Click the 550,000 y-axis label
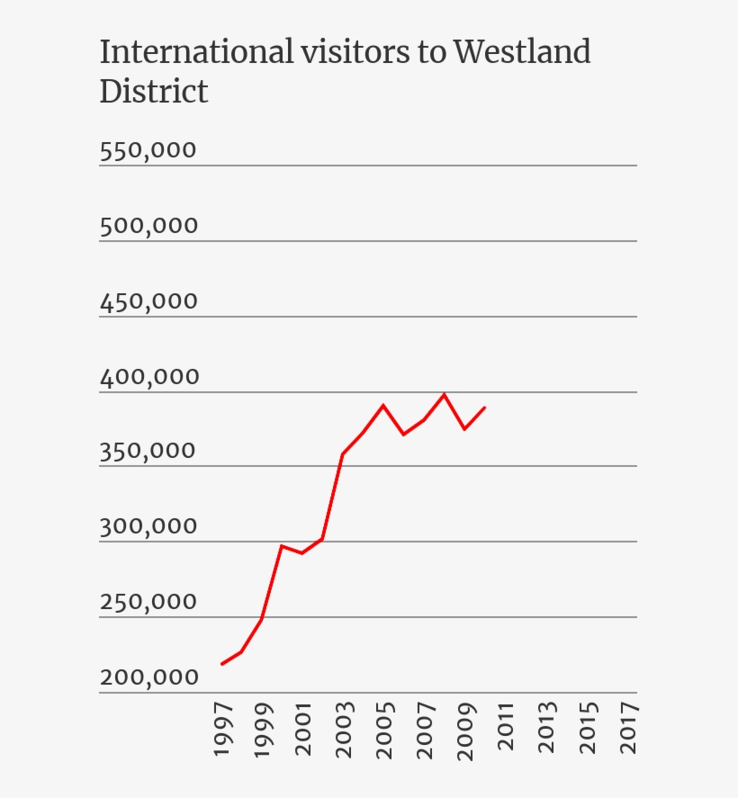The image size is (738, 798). (148, 150)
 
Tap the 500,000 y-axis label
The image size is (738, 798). (148, 226)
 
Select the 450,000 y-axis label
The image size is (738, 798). (148, 301)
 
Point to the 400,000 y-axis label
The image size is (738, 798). (148, 377)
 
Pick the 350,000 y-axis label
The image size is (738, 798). (148, 451)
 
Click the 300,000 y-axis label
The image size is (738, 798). (148, 526)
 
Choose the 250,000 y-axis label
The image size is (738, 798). (148, 602)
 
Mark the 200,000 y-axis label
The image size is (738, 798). (148, 677)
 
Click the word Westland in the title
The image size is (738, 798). (522, 52)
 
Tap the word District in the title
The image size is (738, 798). (154, 91)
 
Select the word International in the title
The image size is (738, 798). (196, 52)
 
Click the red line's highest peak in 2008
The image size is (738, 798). (445, 394)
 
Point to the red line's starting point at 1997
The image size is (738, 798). (221, 664)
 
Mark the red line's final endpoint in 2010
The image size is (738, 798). (485, 408)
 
